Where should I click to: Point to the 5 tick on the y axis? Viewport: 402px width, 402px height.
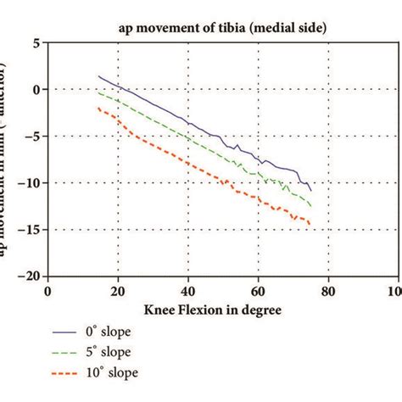[x=35, y=42]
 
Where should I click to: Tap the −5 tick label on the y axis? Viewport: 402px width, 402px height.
[x=31, y=136]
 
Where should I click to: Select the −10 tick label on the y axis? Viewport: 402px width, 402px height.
[x=29, y=182]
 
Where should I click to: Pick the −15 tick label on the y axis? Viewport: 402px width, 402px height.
[x=29, y=229]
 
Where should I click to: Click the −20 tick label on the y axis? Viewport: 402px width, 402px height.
[x=29, y=276]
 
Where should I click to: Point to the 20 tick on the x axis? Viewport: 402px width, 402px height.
[x=118, y=290]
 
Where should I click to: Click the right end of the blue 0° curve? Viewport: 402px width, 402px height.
[x=310, y=190]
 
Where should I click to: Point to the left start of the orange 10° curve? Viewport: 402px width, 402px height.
[x=98, y=108]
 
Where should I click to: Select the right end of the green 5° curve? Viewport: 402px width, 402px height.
[x=310, y=205]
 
